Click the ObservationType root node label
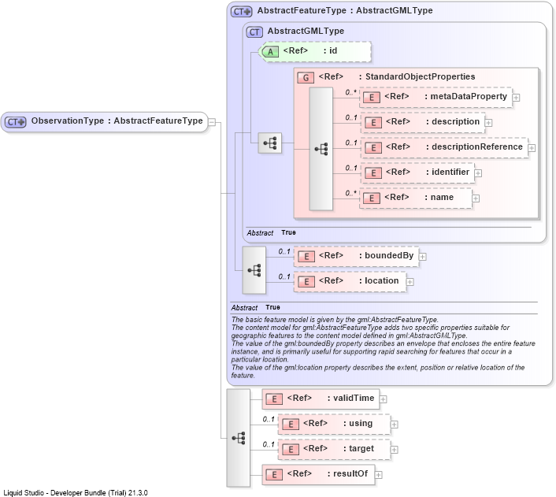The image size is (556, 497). [x=117, y=121]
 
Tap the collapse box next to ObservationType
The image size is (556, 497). [x=212, y=122]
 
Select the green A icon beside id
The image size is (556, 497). [x=270, y=52]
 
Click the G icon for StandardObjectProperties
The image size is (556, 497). [x=306, y=77]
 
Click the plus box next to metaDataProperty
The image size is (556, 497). [x=517, y=98]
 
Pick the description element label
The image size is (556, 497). [x=453, y=121]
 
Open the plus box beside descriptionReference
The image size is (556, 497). [x=532, y=148]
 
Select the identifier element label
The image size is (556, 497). [x=447, y=172]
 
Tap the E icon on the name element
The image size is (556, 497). [x=372, y=198]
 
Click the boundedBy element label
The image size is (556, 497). [x=386, y=255]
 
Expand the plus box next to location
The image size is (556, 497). [x=410, y=282]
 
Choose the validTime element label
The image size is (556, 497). [x=350, y=398]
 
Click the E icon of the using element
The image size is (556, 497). [x=291, y=425]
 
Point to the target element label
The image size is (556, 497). [x=358, y=449]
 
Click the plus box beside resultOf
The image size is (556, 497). [x=379, y=475]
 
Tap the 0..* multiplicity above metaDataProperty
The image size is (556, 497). [x=350, y=93]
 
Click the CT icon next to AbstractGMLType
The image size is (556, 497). [x=254, y=32]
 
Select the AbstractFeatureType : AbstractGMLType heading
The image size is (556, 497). [x=345, y=11]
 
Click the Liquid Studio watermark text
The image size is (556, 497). [x=76, y=493]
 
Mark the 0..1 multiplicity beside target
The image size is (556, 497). [x=269, y=444]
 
